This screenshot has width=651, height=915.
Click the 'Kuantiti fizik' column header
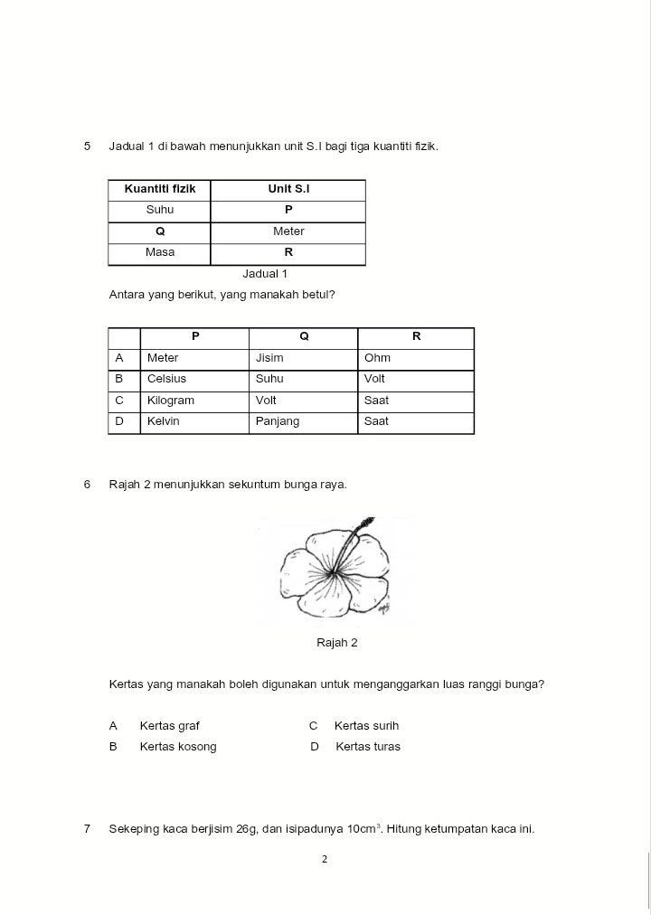pyautogui.click(x=160, y=189)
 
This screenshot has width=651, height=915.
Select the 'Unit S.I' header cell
pyautogui.click(x=288, y=189)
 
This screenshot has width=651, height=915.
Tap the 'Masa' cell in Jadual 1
pyautogui.click(x=160, y=252)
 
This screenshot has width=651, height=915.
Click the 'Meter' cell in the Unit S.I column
pyautogui.click(x=288, y=231)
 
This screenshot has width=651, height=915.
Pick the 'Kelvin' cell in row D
pyautogui.click(x=164, y=421)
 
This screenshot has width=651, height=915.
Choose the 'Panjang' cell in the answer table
pyautogui.click(x=278, y=421)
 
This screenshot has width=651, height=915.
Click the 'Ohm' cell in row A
pyautogui.click(x=377, y=358)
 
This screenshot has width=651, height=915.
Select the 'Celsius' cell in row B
pyautogui.click(x=166, y=379)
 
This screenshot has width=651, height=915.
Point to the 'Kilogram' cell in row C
pyautogui.click(x=171, y=401)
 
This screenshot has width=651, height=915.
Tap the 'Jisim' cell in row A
pyautogui.click(x=269, y=358)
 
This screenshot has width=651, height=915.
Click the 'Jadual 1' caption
pyautogui.click(x=265, y=273)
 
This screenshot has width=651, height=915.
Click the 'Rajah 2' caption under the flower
pyautogui.click(x=336, y=643)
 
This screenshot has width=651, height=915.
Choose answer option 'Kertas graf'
pyautogui.click(x=169, y=726)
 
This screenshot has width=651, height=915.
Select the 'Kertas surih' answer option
pyautogui.click(x=366, y=726)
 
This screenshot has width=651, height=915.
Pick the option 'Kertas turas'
pyautogui.click(x=367, y=747)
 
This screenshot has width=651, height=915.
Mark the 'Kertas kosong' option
pyautogui.click(x=178, y=747)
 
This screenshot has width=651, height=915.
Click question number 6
pyautogui.click(x=87, y=485)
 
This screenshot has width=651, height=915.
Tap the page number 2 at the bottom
pyautogui.click(x=325, y=860)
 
